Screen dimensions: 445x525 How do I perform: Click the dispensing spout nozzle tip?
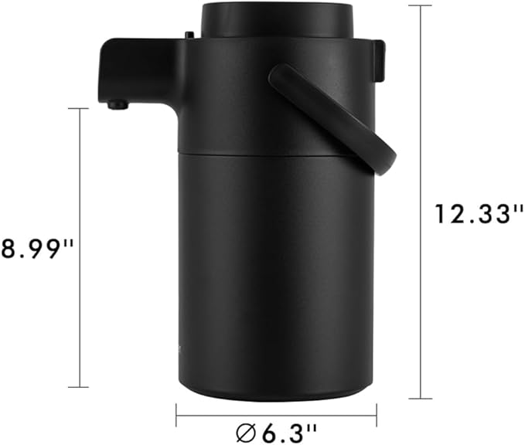[116, 104]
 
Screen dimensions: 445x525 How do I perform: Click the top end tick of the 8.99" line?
[79, 109]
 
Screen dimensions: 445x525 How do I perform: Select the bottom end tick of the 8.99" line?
[79, 387]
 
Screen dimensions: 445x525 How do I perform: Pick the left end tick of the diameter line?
[176, 414]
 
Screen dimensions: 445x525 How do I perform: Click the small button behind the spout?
[188, 34]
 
